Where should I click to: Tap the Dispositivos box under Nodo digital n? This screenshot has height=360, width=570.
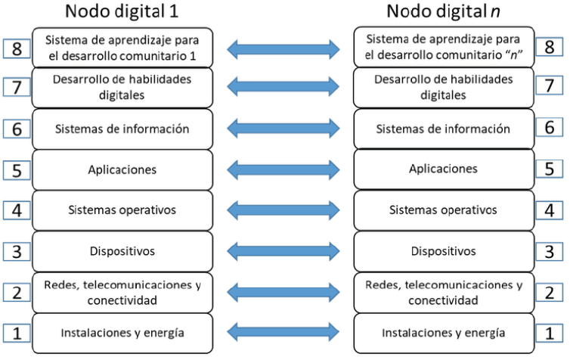click(x=444, y=250)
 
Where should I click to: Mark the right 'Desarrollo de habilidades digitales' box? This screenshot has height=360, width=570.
click(x=444, y=87)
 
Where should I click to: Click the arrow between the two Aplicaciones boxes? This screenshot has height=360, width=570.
click(x=283, y=169)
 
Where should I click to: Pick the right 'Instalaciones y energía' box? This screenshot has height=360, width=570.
click(x=444, y=333)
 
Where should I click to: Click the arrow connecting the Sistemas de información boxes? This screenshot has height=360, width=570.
click(x=283, y=129)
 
